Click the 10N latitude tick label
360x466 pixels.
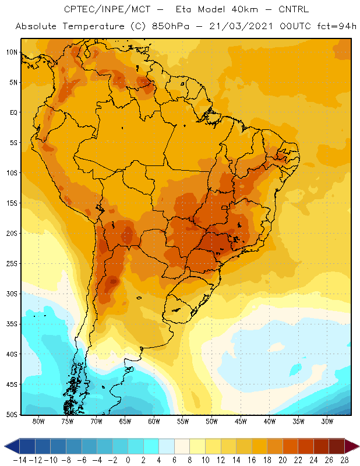(12, 52)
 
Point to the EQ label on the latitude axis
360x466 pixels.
(13, 112)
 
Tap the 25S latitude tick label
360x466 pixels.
(12, 264)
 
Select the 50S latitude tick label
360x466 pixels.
(12, 414)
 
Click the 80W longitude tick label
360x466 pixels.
(38, 421)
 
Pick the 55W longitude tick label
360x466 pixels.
(183, 421)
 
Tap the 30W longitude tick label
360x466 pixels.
(327, 421)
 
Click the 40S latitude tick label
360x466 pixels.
(12, 354)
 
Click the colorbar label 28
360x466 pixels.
(344, 460)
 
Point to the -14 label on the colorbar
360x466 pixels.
(20, 460)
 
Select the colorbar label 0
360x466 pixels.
(128, 460)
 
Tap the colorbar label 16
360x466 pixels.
(252, 460)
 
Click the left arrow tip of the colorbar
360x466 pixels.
(5, 446)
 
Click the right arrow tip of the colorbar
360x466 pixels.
(359, 446)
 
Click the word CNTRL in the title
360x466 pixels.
(294, 9)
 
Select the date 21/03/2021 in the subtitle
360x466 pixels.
(241, 26)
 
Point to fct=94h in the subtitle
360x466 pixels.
(337, 26)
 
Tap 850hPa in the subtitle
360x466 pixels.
(170, 26)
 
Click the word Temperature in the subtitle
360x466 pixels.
(93, 26)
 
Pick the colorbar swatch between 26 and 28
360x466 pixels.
(337, 446)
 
